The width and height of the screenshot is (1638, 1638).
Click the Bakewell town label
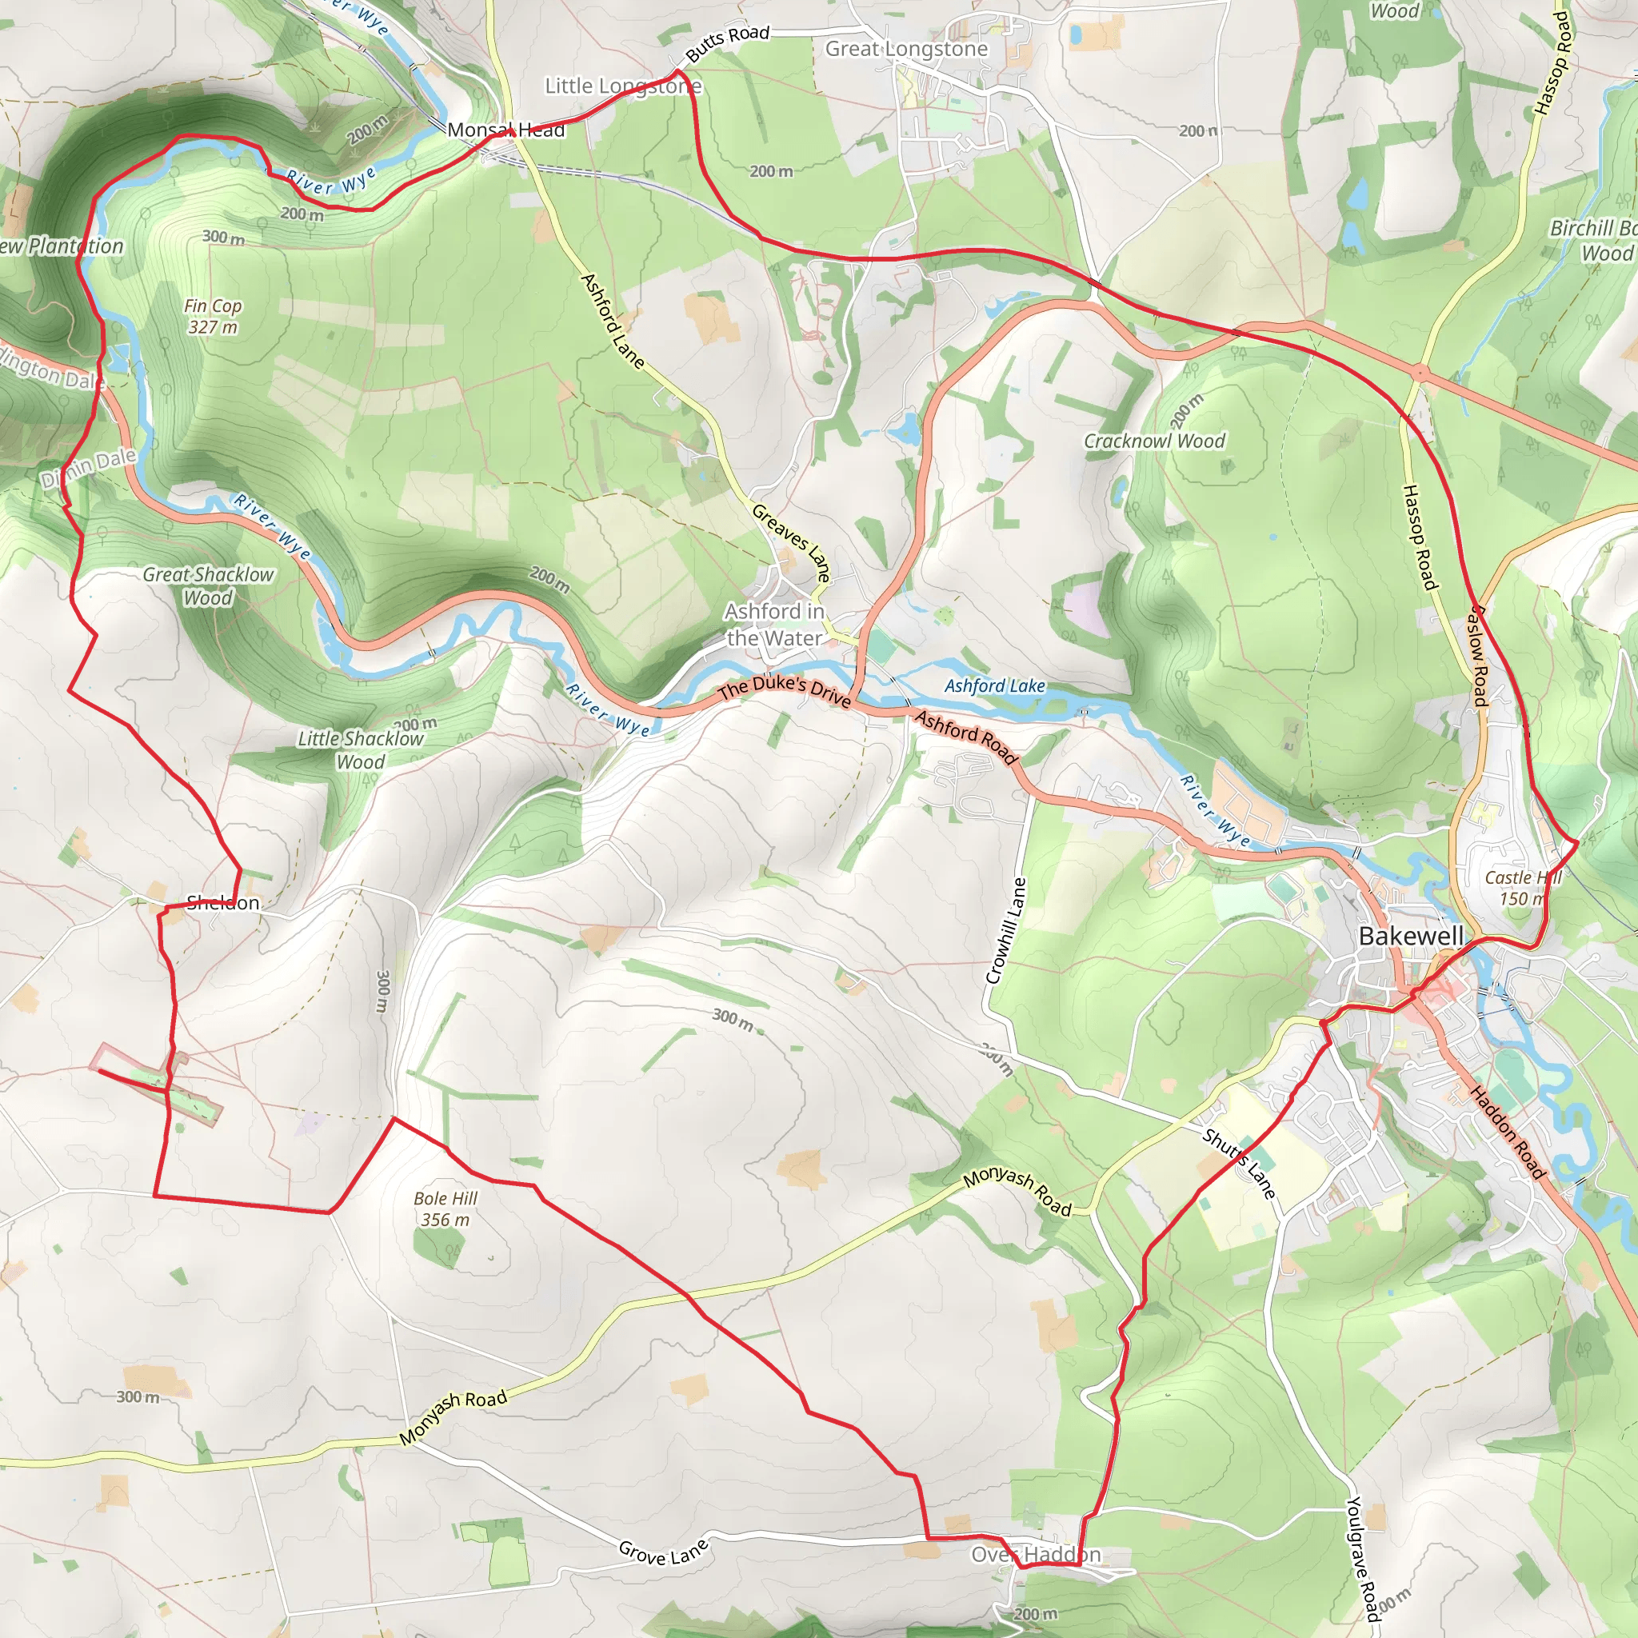(1411, 936)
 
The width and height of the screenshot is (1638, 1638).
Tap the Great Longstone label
(906, 49)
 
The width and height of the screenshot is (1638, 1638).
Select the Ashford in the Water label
(774, 625)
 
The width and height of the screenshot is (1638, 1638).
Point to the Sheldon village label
(223, 902)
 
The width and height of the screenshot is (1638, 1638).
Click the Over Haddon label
(1035, 1554)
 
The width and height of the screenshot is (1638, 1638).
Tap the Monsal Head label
(505, 130)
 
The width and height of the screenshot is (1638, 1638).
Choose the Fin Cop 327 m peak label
(213, 316)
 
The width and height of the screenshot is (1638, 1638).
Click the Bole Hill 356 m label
(445, 1209)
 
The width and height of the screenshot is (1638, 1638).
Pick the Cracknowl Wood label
(1154, 441)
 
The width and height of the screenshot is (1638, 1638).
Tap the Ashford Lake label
(994, 686)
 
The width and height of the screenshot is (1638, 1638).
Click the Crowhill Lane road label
(1006, 931)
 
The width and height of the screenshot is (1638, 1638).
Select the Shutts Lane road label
(1239, 1163)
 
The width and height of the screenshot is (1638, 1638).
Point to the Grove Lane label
(663, 1552)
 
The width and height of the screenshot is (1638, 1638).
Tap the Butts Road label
(728, 43)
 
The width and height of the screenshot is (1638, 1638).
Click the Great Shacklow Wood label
(208, 585)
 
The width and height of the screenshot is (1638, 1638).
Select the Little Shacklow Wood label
(361, 750)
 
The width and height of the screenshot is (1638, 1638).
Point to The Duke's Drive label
(785, 690)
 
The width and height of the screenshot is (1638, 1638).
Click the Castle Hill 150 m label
(1522, 888)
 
